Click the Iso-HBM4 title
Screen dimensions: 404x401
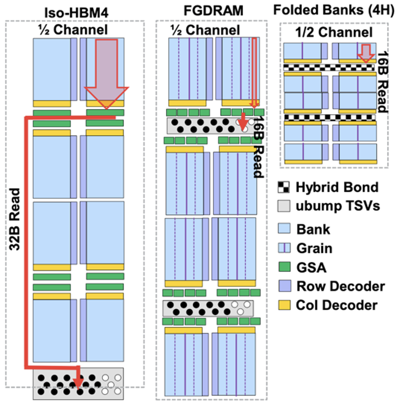[76, 13]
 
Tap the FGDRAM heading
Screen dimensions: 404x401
[213, 11]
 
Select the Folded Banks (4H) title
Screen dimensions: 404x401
[334, 10]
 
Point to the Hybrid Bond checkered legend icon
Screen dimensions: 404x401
[284, 187]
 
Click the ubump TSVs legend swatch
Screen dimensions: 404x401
[284, 206]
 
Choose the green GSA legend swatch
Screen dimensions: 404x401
[284, 267]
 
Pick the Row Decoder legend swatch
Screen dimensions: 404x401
[284, 286]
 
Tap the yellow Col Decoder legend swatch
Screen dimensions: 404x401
[284, 305]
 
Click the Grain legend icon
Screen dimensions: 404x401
[284, 248]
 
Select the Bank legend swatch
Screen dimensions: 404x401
[284, 229]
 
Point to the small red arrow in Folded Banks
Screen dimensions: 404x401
[366, 53]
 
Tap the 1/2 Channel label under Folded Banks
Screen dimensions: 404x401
[334, 32]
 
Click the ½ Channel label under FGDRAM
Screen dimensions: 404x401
[205, 30]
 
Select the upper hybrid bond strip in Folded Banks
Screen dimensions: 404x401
[329, 67]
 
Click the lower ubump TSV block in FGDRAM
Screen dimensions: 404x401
[208, 308]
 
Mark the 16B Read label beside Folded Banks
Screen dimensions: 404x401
[382, 82]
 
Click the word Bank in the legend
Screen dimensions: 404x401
[313, 229]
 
